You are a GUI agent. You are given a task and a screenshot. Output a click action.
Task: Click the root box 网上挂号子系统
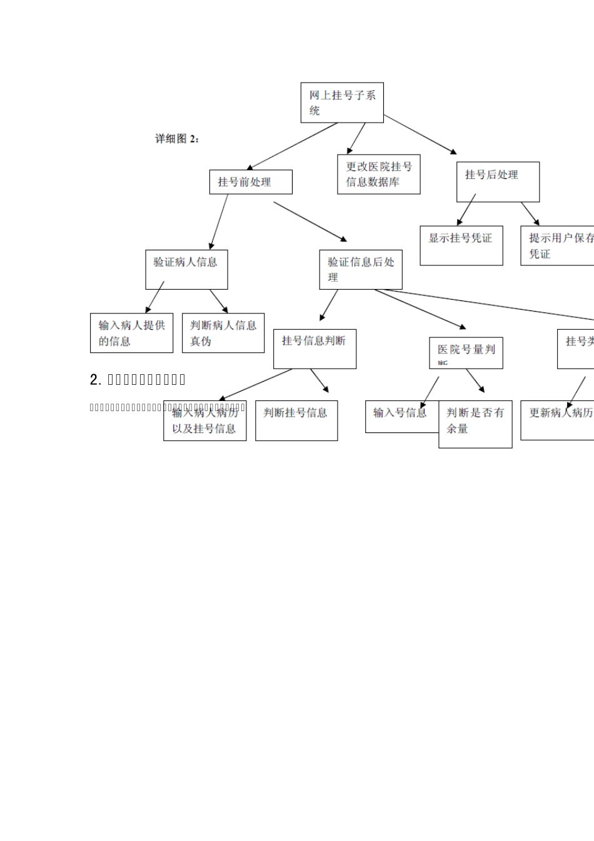[x=341, y=103]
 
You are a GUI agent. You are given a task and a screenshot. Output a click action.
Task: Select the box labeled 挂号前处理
[x=250, y=182]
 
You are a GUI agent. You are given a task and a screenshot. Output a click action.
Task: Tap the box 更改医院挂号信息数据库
[x=378, y=175]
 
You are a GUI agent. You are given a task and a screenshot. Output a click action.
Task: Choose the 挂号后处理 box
[x=497, y=182]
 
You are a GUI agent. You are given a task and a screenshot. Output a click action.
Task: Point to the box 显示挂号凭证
[x=461, y=245]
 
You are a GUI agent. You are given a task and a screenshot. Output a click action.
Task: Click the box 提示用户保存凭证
[x=556, y=245]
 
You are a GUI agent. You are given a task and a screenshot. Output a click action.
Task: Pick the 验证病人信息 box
[x=186, y=270]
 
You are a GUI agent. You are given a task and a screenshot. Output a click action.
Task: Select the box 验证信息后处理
[x=360, y=270]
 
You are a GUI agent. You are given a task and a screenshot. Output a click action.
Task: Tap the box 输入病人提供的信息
[x=131, y=333]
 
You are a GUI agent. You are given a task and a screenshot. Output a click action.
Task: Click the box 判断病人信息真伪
[x=223, y=333]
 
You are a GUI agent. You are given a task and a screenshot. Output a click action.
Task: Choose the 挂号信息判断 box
[x=315, y=349]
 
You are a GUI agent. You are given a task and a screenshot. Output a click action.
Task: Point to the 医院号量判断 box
[x=466, y=353]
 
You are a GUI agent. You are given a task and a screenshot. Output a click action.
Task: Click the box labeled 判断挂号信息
[x=296, y=421]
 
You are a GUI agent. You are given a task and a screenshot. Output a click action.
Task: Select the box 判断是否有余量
[x=475, y=424]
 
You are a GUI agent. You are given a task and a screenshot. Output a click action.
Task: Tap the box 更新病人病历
[x=557, y=421]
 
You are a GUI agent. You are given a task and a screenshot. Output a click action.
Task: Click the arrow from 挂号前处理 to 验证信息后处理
[x=310, y=221]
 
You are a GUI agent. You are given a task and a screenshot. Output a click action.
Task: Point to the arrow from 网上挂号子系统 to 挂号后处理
[x=420, y=134]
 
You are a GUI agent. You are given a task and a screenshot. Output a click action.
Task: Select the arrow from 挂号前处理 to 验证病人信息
[x=219, y=222]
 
